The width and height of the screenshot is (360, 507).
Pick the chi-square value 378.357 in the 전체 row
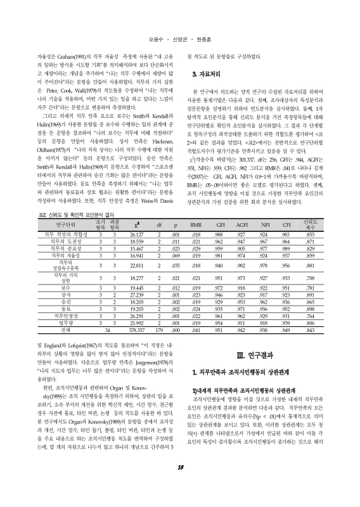pos(138,330)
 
